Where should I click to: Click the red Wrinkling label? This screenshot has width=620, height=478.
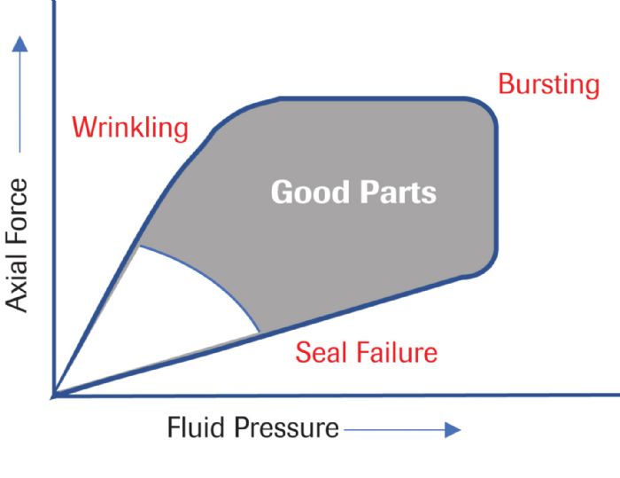(130, 128)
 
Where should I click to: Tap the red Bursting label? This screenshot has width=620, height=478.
(548, 84)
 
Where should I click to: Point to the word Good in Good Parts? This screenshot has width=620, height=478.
(306, 192)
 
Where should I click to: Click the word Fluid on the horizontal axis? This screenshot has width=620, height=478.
(197, 428)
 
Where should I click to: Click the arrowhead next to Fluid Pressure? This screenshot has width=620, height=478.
(453, 430)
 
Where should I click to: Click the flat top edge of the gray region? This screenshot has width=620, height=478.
(372, 98)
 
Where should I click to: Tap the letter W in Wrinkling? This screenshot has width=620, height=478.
(85, 128)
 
